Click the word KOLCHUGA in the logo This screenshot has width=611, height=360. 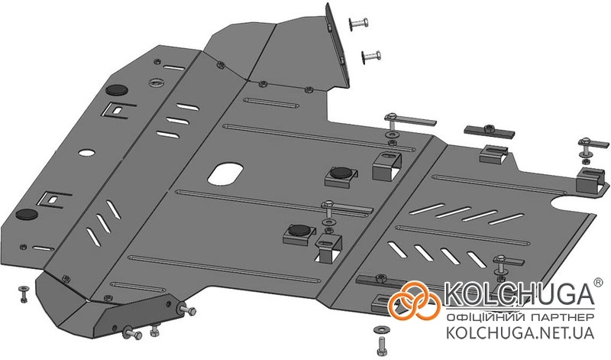pyautogui.click(x=519, y=294)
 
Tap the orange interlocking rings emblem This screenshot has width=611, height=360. pyautogui.click(x=414, y=300)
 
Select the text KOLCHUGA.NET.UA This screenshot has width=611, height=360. pyautogui.click(x=520, y=332)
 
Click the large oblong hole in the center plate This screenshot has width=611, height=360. pyautogui.click(x=225, y=174)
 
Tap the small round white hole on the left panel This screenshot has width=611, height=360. pyautogui.click(x=86, y=152)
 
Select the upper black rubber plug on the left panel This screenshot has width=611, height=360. pyautogui.click(x=116, y=89)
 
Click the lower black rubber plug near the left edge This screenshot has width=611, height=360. pyautogui.click(x=27, y=214)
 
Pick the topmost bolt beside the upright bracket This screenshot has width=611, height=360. pyautogui.click(x=358, y=24)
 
